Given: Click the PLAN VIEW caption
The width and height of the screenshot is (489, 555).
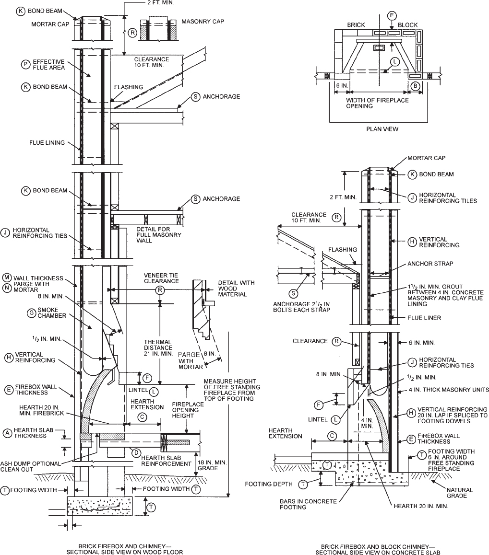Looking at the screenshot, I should [x=382, y=129].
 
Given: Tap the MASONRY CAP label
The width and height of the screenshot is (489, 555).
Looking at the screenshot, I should [x=203, y=22].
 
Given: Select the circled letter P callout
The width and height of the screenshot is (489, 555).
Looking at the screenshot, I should [x=24, y=64].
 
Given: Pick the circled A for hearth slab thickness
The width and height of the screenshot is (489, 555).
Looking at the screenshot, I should [x=7, y=432].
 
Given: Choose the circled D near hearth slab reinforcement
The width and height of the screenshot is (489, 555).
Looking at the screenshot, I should [x=136, y=452].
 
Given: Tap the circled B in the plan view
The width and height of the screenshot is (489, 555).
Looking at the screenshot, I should [x=416, y=86].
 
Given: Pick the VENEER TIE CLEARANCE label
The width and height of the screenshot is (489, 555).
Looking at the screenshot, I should [x=159, y=278].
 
